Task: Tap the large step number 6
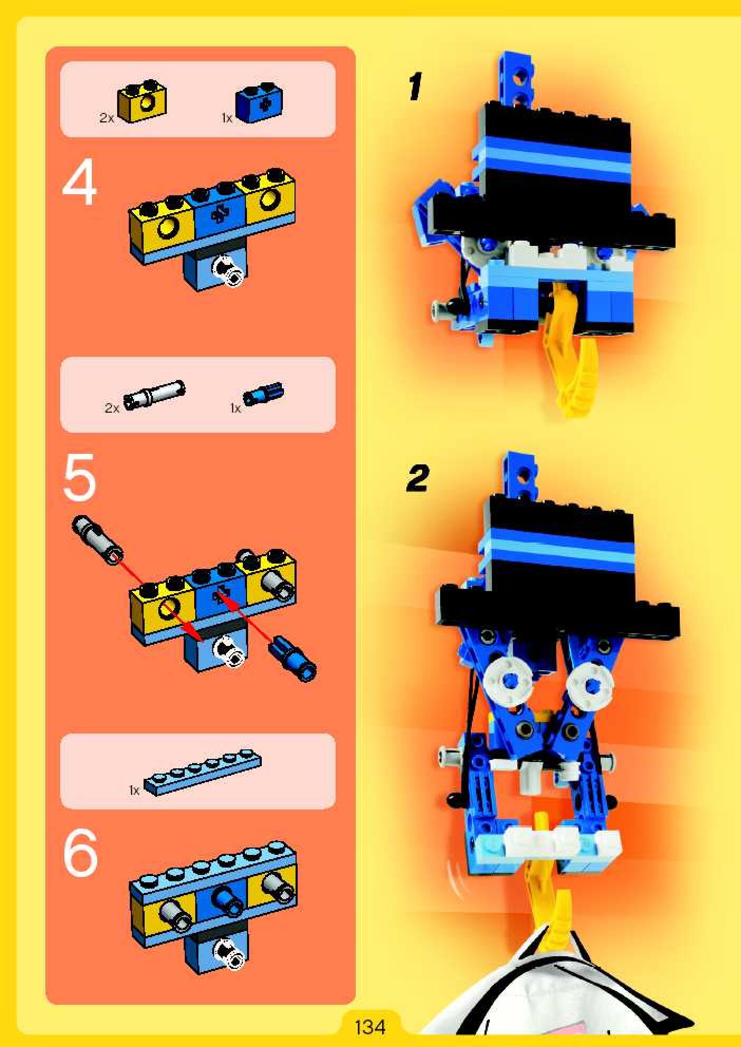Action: click(80, 853)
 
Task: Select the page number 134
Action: click(370, 1026)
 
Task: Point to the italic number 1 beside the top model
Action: click(415, 87)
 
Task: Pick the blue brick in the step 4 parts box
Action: click(260, 103)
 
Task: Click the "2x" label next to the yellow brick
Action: click(107, 118)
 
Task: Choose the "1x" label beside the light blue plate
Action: click(134, 790)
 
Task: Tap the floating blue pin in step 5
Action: click(293, 659)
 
